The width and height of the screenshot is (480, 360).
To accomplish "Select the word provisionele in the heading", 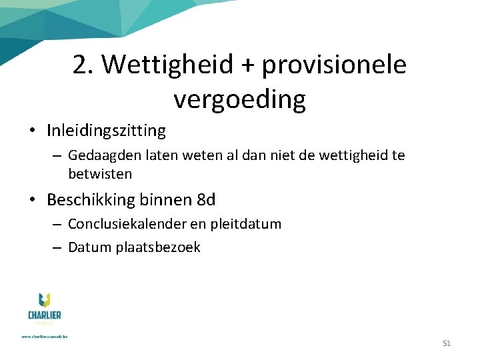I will click(334, 65).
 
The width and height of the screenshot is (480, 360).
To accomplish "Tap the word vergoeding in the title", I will click(239, 99).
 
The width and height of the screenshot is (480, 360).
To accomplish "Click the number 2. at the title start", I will click(83, 65).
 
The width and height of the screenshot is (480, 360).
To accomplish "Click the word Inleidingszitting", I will click(106, 130).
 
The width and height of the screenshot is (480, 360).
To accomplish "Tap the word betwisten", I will click(100, 173).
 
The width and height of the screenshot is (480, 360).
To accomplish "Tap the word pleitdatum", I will click(246, 224).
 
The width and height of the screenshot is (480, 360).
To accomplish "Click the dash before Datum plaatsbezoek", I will click(56, 247).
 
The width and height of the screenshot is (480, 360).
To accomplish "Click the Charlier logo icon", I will click(44, 301).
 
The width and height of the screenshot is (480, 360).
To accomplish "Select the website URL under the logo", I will click(44, 336).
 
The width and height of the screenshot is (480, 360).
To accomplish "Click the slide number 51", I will click(447, 343).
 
